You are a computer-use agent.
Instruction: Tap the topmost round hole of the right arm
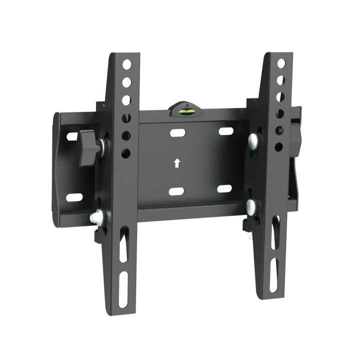[x=281, y=63]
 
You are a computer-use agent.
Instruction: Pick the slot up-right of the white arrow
[x=226, y=131]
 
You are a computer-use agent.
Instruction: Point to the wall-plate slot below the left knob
[x=74, y=196]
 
